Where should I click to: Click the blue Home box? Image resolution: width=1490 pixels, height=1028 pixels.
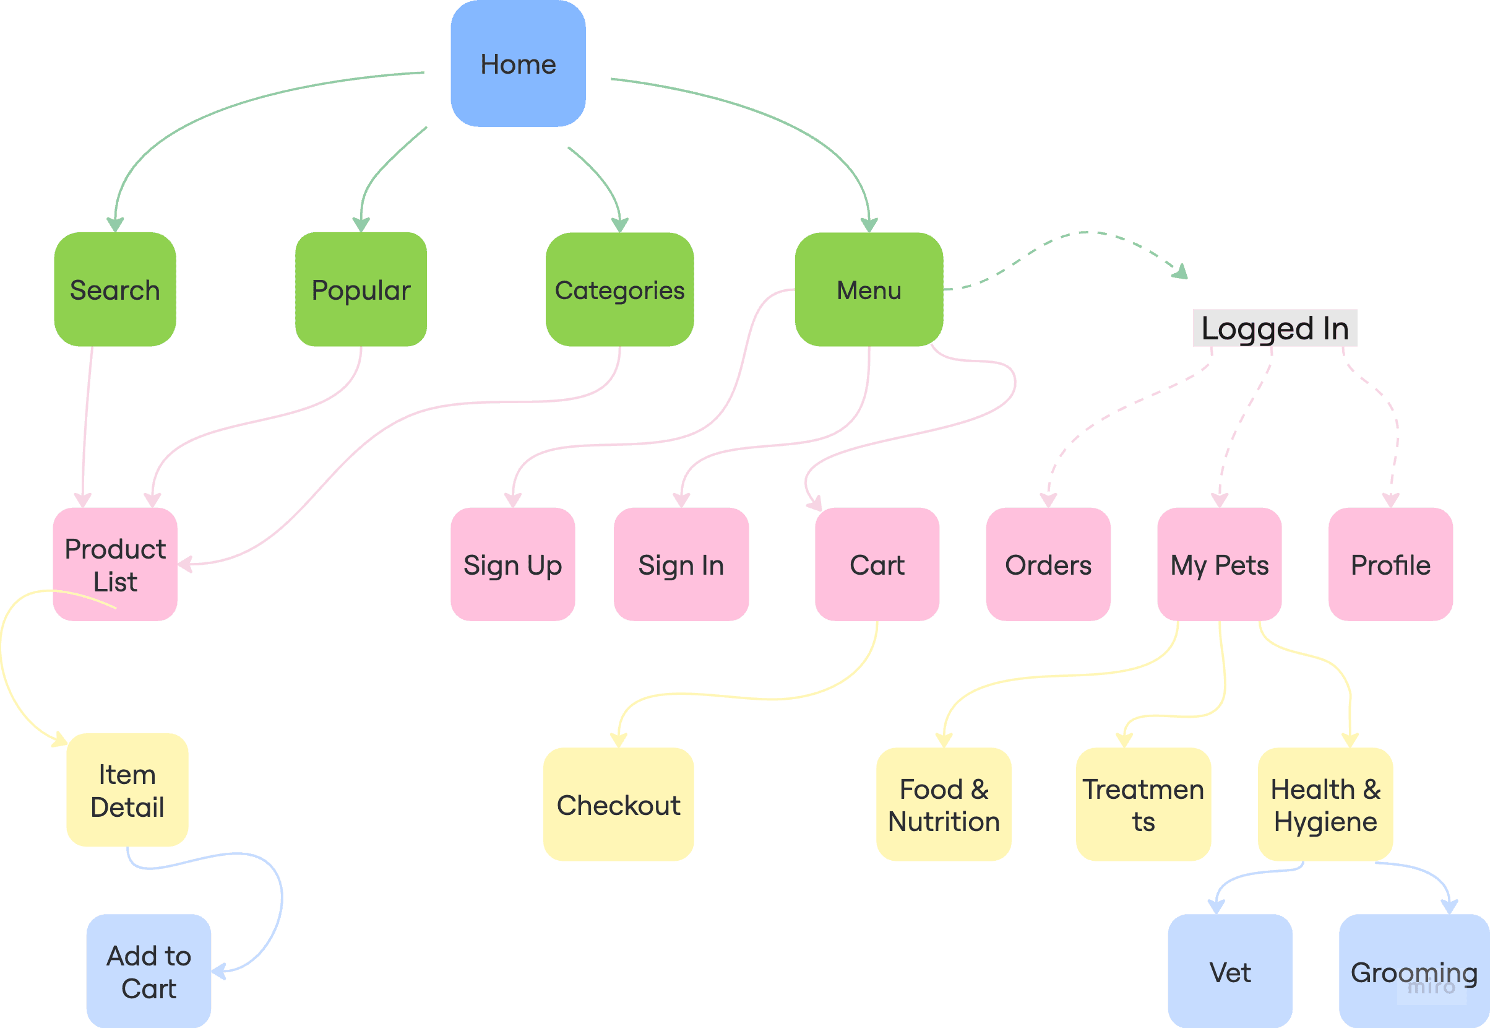tap(517, 64)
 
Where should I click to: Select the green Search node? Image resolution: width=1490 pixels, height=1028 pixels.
tap(114, 290)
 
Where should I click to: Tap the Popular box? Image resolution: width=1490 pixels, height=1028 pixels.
tap(360, 290)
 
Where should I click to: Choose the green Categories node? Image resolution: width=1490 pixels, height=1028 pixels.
tap(619, 290)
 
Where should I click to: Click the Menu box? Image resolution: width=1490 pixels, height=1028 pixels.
tap(868, 290)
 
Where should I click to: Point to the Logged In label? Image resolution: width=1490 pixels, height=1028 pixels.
tap(1275, 328)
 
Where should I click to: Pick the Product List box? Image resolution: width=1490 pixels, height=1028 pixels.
tap(114, 564)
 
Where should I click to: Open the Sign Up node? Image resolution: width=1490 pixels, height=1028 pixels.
tap(512, 564)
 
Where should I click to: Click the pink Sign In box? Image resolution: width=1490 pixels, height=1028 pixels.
tap(681, 564)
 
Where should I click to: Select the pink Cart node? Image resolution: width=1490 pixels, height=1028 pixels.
tap(877, 564)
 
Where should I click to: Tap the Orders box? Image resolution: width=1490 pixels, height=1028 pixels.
tap(1048, 564)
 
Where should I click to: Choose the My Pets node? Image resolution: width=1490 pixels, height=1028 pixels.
tap(1219, 564)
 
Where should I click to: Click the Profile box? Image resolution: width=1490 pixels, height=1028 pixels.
tap(1390, 564)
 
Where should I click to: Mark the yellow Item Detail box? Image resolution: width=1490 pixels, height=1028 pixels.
tap(127, 790)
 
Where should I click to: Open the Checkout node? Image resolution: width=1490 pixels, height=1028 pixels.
tap(618, 804)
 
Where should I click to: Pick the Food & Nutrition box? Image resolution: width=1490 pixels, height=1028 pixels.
tap(944, 804)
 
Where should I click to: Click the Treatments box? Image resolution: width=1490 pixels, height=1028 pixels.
tap(1143, 804)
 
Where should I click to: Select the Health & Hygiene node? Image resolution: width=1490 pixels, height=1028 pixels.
tap(1325, 804)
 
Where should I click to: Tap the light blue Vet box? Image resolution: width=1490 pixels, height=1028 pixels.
tap(1229, 971)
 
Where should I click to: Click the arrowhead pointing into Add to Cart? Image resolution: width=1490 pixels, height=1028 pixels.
tap(218, 970)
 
